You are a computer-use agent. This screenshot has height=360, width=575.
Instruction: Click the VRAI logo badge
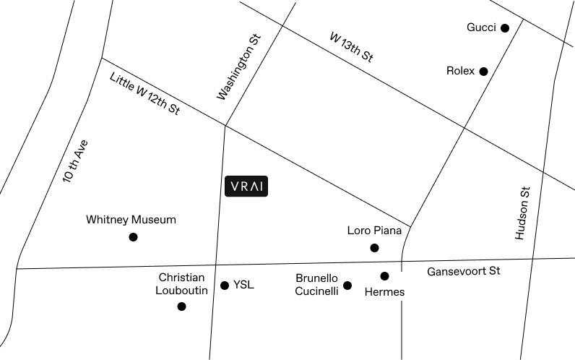point(246,187)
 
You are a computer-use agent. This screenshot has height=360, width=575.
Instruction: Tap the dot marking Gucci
point(505,28)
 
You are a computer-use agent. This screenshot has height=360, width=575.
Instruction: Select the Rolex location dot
point(484,72)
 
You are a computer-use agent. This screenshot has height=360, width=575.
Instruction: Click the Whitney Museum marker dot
point(133,237)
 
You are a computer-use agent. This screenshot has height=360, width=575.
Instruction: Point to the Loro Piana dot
point(374,248)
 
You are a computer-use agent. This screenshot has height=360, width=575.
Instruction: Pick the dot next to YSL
point(225,286)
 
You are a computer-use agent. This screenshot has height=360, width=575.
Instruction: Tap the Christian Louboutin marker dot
point(181,307)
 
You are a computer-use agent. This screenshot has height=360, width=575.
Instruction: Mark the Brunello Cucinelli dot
point(347,286)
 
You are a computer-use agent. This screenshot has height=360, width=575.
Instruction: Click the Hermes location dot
point(384,276)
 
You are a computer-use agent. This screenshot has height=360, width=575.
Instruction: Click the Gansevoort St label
point(464,271)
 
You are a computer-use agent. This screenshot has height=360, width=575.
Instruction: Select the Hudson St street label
point(522,213)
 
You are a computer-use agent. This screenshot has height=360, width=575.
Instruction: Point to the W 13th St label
point(351,47)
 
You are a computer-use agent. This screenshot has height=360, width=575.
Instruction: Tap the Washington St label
point(238,67)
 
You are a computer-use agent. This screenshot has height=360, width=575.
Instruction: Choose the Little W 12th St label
point(145,93)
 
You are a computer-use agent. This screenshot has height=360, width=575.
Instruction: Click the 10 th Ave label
point(76,161)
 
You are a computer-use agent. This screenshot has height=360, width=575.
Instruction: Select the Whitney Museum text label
point(131,220)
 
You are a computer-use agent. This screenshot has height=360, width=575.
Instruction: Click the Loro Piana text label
point(374,231)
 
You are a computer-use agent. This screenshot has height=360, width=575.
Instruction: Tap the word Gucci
point(481,27)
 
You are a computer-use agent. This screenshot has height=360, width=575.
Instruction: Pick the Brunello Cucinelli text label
point(316,285)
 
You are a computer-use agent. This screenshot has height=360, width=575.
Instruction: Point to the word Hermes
point(385,292)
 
